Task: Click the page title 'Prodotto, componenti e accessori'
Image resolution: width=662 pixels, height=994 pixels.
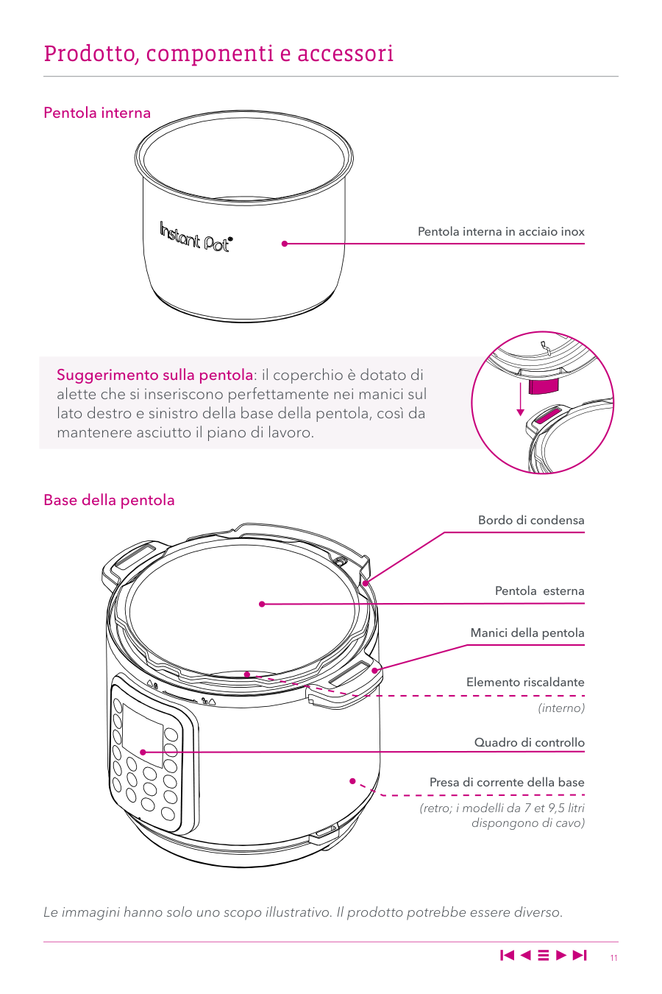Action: tap(218, 54)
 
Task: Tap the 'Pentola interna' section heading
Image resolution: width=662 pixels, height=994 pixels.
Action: tap(97, 113)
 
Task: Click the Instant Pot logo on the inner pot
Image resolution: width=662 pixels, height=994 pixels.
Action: tap(196, 236)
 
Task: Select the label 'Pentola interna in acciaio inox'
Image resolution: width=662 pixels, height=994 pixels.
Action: tap(501, 232)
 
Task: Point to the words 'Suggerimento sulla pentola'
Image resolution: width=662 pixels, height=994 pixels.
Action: tap(154, 376)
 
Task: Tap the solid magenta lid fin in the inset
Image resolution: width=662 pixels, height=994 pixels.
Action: tap(544, 386)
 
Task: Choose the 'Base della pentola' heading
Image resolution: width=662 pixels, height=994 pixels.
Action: tap(109, 500)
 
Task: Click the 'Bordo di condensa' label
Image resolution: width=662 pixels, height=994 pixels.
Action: tap(531, 520)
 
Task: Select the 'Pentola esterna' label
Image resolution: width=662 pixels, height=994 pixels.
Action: tap(540, 591)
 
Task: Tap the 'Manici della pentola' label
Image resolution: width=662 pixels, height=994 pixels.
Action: tap(527, 632)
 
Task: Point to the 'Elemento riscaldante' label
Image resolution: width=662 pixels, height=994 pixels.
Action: tap(525, 682)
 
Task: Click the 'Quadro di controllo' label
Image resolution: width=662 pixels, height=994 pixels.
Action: tap(530, 742)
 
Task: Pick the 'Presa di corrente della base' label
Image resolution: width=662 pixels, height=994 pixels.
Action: tap(507, 783)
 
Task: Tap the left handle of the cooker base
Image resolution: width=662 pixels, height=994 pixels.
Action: tap(129, 560)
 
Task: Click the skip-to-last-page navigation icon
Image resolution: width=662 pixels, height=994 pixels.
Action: tap(580, 955)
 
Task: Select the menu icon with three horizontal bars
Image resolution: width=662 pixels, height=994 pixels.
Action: tap(543, 955)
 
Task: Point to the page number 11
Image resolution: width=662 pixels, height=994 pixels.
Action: tap(613, 958)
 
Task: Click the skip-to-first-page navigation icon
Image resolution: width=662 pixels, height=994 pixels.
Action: tap(508, 955)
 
